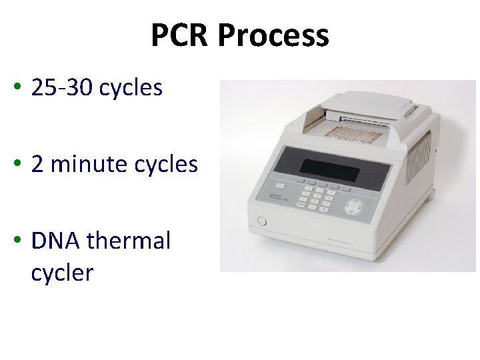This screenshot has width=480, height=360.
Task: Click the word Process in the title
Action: click(273, 35)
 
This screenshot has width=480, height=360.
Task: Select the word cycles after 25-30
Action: click(131, 88)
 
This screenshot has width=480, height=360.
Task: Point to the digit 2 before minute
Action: click(37, 164)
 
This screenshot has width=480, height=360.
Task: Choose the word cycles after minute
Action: click(166, 164)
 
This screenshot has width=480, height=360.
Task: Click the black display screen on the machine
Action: click(329, 172)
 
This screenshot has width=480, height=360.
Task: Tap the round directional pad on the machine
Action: click(357, 206)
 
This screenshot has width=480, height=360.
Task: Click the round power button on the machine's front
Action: click(261, 221)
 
